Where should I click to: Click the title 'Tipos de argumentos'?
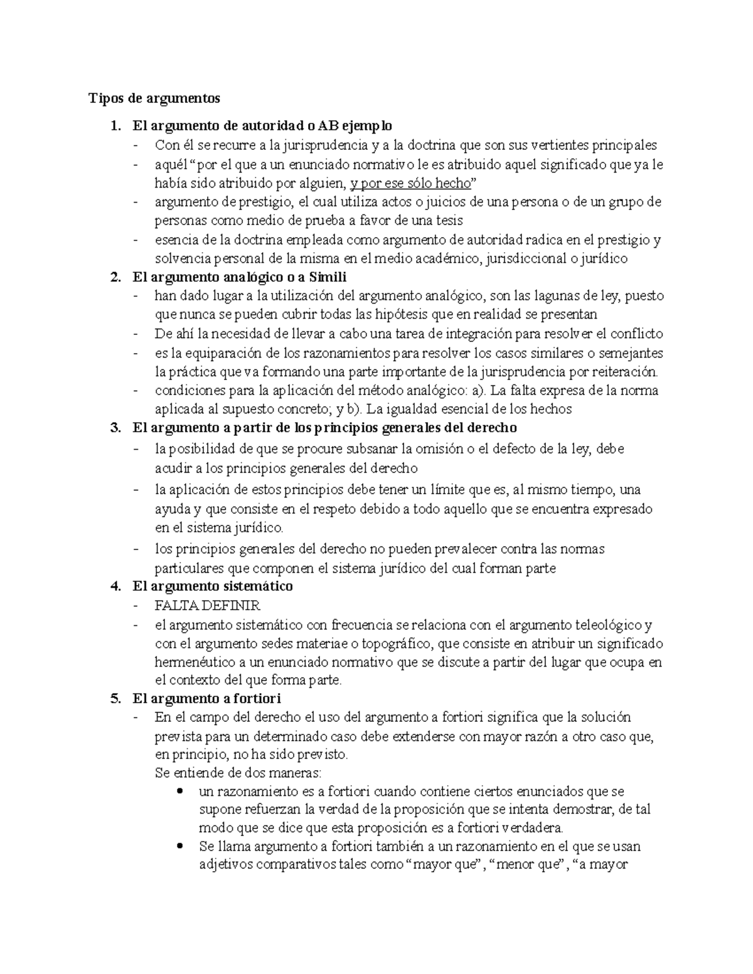(x=154, y=98)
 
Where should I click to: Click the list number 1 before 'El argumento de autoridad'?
(x=113, y=126)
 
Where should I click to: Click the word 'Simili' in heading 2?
(x=328, y=277)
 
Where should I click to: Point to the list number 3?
(x=113, y=428)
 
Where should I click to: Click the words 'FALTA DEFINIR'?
(x=207, y=606)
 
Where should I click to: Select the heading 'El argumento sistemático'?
(x=212, y=586)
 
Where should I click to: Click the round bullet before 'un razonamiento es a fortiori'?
(x=181, y=791)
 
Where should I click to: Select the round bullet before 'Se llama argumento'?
(x=181, y=845)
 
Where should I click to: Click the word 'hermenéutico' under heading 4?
(x=195, y=662)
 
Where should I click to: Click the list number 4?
(x=113, y=586)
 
